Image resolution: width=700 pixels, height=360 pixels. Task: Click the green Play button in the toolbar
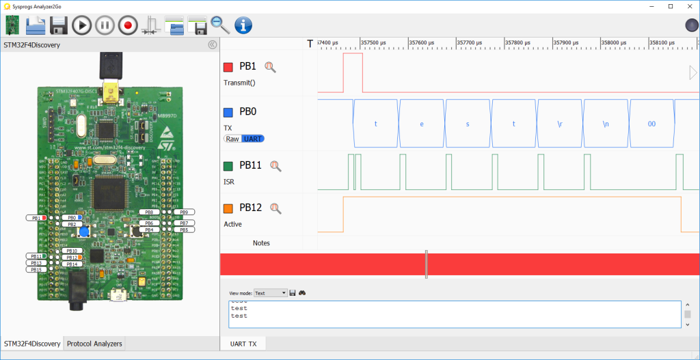tap(81, 26)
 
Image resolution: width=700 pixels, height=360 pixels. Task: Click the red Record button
tap(127, 26)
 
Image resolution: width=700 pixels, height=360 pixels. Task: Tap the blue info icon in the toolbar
tap(243, 26)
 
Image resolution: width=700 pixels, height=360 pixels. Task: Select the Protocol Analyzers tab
tap(94, 344)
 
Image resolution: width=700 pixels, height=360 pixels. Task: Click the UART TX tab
tap(243, 344)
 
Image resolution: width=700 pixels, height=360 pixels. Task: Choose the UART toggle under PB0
tap(253, 139)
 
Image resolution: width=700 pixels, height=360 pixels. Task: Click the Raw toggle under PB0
tap(233, 139)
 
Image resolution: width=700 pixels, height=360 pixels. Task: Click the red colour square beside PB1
tap(228, 67)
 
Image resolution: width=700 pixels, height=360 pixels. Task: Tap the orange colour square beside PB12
tap(228, 208)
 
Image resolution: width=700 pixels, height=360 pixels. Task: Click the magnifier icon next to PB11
tap(275, 165)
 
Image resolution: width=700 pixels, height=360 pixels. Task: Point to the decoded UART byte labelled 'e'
tap(421, 124)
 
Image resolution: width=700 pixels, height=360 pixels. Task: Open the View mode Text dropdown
tap(271, 293)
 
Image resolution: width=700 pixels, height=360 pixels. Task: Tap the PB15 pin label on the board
tap(37, 269)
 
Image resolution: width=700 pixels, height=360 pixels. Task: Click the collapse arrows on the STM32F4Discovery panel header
tap(212, 45)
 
